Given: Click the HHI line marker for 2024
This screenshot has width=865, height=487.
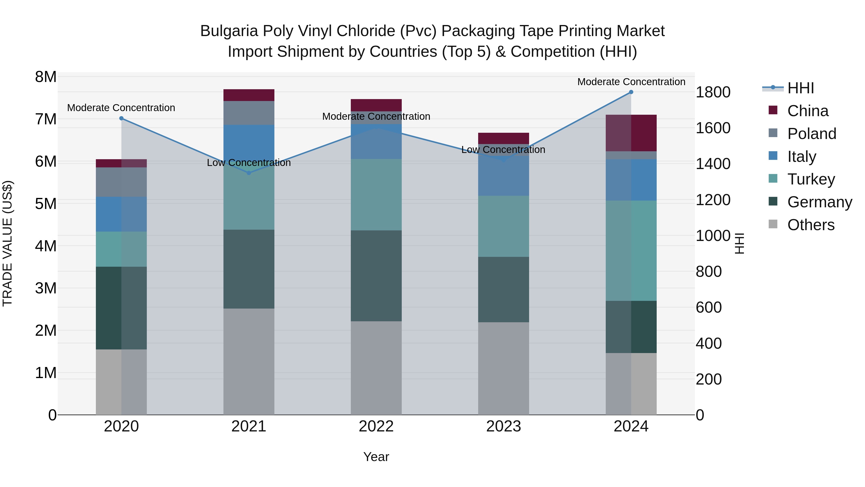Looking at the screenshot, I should click(631, 92).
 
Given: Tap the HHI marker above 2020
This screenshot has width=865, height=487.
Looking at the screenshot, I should click(122, 118).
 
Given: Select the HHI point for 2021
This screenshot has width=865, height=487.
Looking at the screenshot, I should click(249, 173).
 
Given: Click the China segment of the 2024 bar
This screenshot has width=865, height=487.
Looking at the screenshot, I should click(631, 133).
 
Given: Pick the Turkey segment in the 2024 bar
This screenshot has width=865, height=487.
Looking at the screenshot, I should click(631, 251).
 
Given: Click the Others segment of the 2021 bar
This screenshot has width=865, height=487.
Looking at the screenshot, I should click(249, 362).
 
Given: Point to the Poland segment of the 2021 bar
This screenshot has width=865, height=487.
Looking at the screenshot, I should click(249, 113).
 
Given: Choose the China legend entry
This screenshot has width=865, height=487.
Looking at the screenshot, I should click(808, 111).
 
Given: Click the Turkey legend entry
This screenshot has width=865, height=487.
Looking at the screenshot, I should click(811, 179).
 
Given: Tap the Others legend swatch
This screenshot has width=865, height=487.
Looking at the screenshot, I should click(773, 224).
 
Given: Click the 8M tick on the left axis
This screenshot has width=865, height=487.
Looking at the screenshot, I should click(46, 77).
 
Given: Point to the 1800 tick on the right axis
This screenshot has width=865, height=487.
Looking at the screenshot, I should click(713, 92).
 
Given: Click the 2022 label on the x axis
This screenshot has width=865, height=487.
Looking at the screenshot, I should click(376, 426).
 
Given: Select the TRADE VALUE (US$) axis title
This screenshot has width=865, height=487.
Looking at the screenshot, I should click(7, 243).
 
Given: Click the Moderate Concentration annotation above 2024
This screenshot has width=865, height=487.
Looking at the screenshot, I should click(631, 82).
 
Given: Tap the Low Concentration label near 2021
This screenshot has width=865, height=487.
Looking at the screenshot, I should click(249, 163).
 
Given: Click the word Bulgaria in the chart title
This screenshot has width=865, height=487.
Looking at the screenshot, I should click(229, 31).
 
